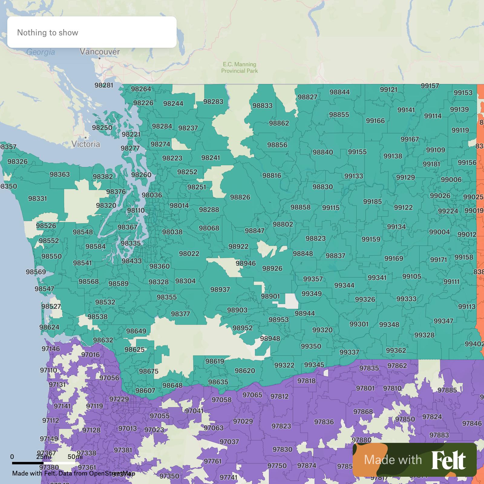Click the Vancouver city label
tap(100, 52)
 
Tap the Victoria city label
tap(86, 144)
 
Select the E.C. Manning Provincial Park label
tap(240, 67)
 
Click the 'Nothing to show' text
tap(48, 33)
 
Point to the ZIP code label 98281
tap(104, 85)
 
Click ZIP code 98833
tap(263, 106)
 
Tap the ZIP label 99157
tap(430, 86)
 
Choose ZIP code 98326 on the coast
tap(18, 162)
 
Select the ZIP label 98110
tap(136, 210)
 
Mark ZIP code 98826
tap(240, 197)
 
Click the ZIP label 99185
tap(372, 201)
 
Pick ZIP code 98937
tap(220, 289)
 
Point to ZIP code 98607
tap(145, 391)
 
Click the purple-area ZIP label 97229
tap(119, 399)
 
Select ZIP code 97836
tap(324, 422)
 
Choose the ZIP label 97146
tap(51, 349)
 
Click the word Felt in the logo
tap(448, 460)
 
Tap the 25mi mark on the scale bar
tap(44, 457)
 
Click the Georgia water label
tap(41, 52)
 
